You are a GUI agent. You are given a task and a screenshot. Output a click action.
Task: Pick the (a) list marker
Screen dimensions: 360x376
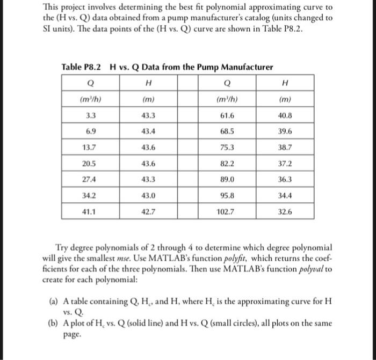tap(47, 302)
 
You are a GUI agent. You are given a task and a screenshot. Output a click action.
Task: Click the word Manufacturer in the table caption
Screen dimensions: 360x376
tap(247, 67)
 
